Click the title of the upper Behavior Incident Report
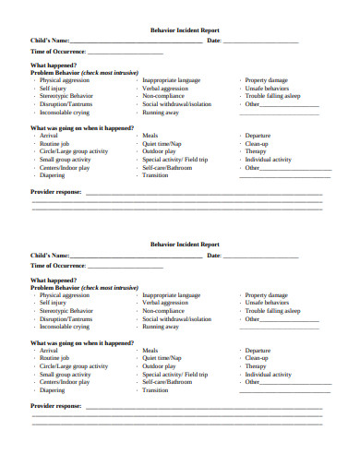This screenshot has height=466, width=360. pos(179,30)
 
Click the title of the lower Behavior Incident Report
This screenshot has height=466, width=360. pos(179,245)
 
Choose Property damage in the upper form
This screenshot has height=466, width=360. pos(268,80)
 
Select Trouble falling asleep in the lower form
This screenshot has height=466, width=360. pos(273,311)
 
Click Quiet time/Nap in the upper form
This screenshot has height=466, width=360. pos(162,142)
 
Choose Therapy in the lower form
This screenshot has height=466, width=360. pos(255,365)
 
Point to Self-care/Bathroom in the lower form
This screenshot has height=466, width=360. pos(167,381)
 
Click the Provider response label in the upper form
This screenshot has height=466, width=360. pos(56,191)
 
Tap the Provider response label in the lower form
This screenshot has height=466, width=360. pos(56,405)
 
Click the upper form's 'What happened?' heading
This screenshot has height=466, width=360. pos(54,66)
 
